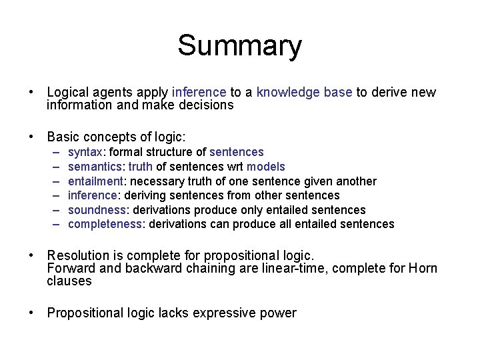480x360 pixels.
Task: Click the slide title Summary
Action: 239,46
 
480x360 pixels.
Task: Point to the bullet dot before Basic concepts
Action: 31,137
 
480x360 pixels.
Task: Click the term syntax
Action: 85,152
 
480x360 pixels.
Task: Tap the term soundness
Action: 95,210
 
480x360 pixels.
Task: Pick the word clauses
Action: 69,281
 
